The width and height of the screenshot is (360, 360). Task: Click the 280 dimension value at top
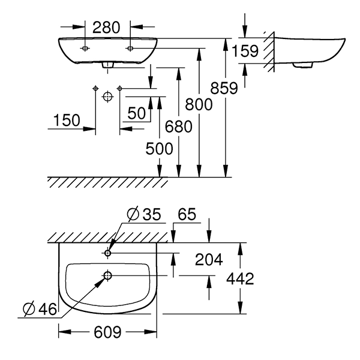click(107, 27)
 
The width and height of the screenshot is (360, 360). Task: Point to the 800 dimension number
click(198, 104)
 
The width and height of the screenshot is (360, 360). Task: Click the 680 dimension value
click(178, 127)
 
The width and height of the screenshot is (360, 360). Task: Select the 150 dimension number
click(65, 120)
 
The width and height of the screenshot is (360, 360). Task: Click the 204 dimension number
click(209, 259)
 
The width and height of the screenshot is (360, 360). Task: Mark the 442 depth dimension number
click(241, 278)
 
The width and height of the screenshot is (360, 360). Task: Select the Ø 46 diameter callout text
click(39, 309)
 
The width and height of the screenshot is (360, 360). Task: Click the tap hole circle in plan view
click(108, 253)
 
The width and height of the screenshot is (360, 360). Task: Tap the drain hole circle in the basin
click(108, 275)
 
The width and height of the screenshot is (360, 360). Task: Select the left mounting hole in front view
click(85, 47)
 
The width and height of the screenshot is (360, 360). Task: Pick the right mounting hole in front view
click(130, 47)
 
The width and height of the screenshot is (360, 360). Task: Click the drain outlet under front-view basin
click(107, 65)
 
